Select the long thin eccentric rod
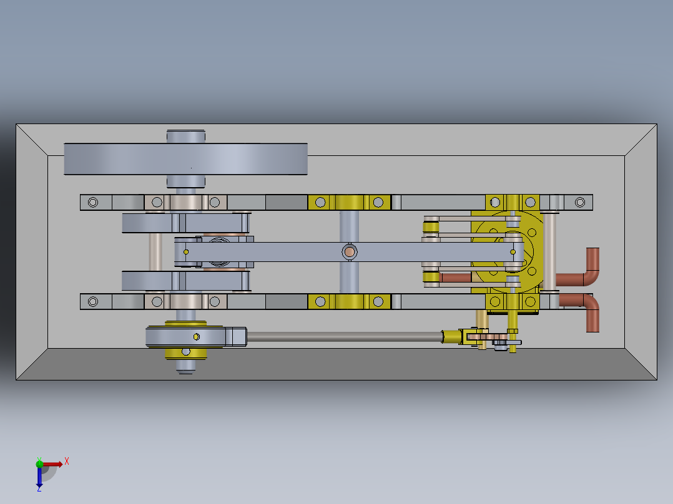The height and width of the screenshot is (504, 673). [343, 337]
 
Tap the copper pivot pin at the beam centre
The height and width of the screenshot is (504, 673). [350, 252]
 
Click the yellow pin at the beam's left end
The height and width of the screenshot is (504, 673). [186, 251]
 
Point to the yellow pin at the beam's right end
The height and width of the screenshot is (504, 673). [513, 252]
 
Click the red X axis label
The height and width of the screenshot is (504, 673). [67, 462]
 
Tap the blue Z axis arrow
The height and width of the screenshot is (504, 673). [39, 479]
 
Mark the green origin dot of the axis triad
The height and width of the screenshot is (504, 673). [39, 463]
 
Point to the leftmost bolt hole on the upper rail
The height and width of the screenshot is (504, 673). [93, 202]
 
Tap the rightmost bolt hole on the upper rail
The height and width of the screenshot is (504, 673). [580, 202]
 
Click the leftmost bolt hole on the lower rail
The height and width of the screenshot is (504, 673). [93, 302]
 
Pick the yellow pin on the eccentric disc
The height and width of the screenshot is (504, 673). [196, 337]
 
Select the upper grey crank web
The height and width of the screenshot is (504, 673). [185, 223]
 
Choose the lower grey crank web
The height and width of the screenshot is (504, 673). [185, 281]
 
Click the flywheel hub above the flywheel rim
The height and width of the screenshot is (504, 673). [185, 136]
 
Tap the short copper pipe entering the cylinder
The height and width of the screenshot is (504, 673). [454, 277]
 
